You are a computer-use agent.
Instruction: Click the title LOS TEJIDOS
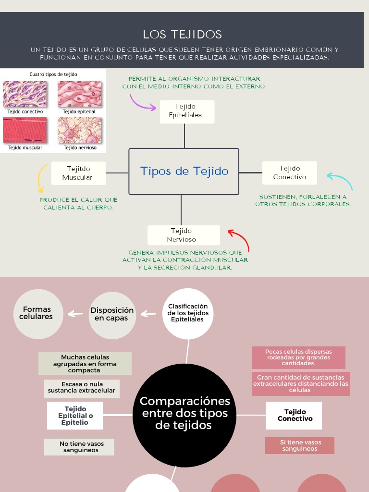[183, 35]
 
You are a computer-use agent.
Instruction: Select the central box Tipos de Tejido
[184, 172]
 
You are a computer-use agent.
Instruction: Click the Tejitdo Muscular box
[78, 173]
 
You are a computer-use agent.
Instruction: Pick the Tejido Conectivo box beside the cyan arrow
[289, 173]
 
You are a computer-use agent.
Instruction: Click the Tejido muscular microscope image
[25, 130]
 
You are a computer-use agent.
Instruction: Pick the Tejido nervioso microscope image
[80, 130]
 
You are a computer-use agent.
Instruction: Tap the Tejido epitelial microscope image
[80, 94]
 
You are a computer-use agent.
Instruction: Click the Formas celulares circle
[38, 314]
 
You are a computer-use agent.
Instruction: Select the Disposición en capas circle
[112, 315]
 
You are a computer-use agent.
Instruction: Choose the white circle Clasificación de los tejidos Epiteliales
[188, 313]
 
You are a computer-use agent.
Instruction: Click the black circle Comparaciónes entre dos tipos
[185, 413]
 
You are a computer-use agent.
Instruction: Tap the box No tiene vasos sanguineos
[79, 447]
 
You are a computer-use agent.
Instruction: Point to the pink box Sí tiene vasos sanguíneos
[299, 445]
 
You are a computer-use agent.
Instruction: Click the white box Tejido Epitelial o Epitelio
[75, 416]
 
